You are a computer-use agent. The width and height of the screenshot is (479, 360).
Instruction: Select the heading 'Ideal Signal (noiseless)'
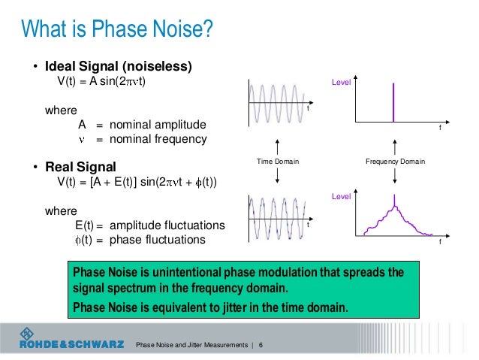120,65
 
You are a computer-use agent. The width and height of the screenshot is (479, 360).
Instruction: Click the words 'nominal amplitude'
158,124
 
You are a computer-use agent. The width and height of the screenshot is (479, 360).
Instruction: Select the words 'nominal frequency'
158,139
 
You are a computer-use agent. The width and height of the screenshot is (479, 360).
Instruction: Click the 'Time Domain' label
278,162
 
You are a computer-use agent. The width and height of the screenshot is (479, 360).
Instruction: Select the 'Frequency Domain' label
395,162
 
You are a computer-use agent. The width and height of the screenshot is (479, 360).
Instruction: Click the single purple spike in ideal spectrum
393,100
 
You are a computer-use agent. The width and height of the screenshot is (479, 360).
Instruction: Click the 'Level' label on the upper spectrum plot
342,82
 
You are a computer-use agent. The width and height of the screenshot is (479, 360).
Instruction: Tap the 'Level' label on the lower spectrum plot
342,195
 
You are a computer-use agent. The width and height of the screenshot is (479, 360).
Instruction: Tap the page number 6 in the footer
261,345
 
